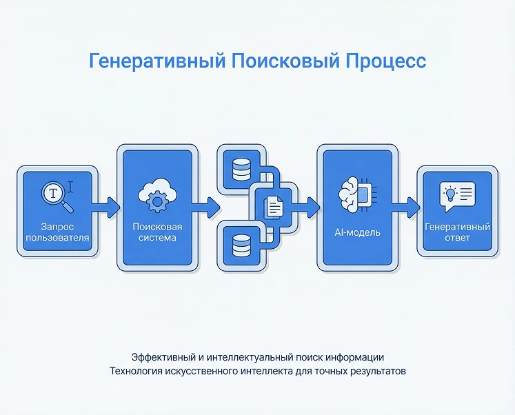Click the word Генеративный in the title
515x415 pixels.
[157, 61]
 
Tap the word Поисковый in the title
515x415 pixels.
[285, 61]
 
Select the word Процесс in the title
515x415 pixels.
[385, 61]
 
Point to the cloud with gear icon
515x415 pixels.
[157, 195]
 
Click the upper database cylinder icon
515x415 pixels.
[241, 170]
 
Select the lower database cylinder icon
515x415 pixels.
[241, 245]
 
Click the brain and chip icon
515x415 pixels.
[357, 194]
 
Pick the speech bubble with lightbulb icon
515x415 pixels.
[457, 196]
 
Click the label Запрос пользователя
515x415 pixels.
[57, 232]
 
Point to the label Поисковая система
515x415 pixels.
[157, 232]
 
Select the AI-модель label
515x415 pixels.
[357, 232]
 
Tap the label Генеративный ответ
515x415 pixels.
[457, 232]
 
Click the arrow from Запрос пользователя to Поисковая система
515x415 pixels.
[105, 207]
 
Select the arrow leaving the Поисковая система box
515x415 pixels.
[205, 207]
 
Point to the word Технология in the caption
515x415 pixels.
[136, 371]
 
